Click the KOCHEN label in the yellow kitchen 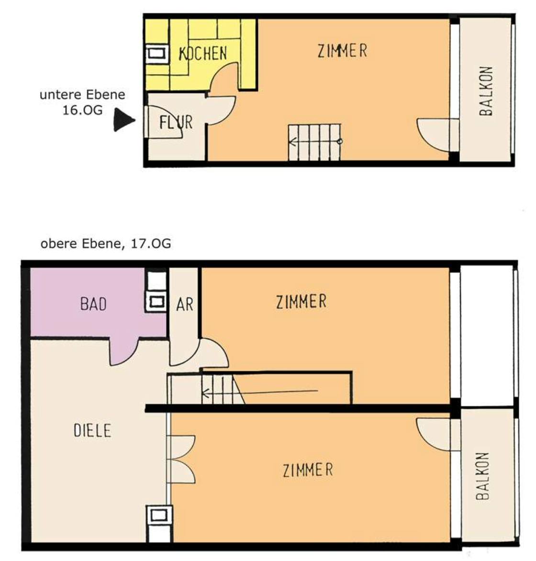(202, 53)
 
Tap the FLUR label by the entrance (176, 123)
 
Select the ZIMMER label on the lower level (343, 50)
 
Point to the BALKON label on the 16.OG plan (486, 91)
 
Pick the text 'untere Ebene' (82, 95)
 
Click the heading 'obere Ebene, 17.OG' (106, 244)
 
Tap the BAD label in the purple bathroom (93, 304)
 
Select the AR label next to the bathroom (185, 304)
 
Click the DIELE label (92, 430)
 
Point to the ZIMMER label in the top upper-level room (301, 302)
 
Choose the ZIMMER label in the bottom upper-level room (308, 470)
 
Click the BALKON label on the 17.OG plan (483, 476)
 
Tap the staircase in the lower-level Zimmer (314, 142)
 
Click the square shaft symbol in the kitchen (157, 54)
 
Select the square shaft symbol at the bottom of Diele (159, 515)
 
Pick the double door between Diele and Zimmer (181, 460)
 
